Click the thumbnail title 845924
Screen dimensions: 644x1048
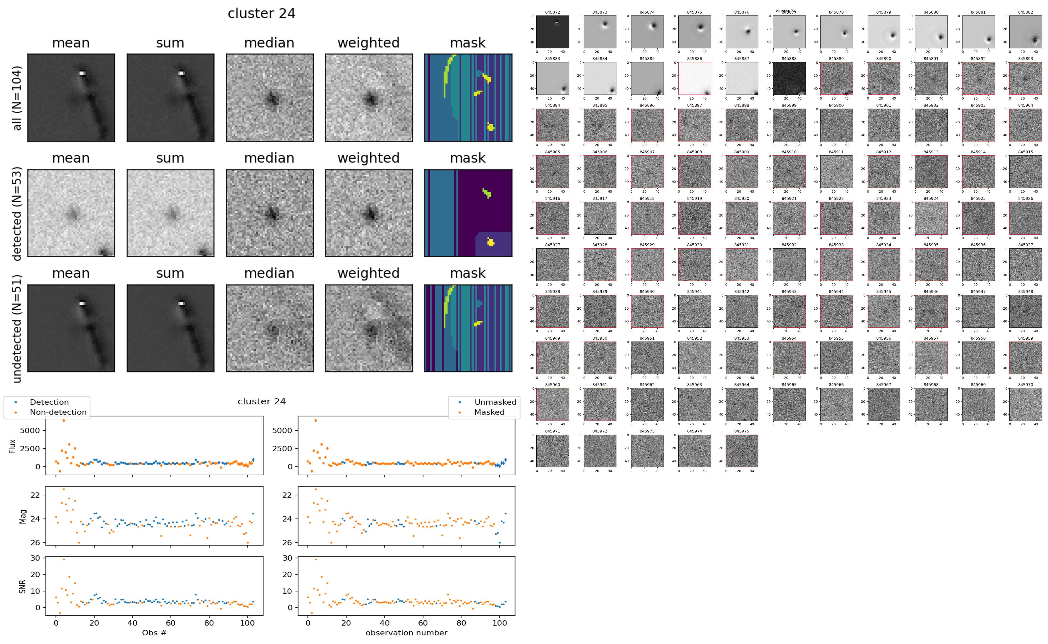931,198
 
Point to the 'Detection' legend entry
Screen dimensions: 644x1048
49,402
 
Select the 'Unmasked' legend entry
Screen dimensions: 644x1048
495,402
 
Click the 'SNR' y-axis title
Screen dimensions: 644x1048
23,587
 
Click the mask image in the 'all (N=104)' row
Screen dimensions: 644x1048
468,98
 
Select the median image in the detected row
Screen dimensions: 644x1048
270,213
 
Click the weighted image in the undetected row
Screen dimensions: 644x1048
369,328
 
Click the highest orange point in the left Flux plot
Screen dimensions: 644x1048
64,420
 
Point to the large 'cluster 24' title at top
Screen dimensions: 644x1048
262,14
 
